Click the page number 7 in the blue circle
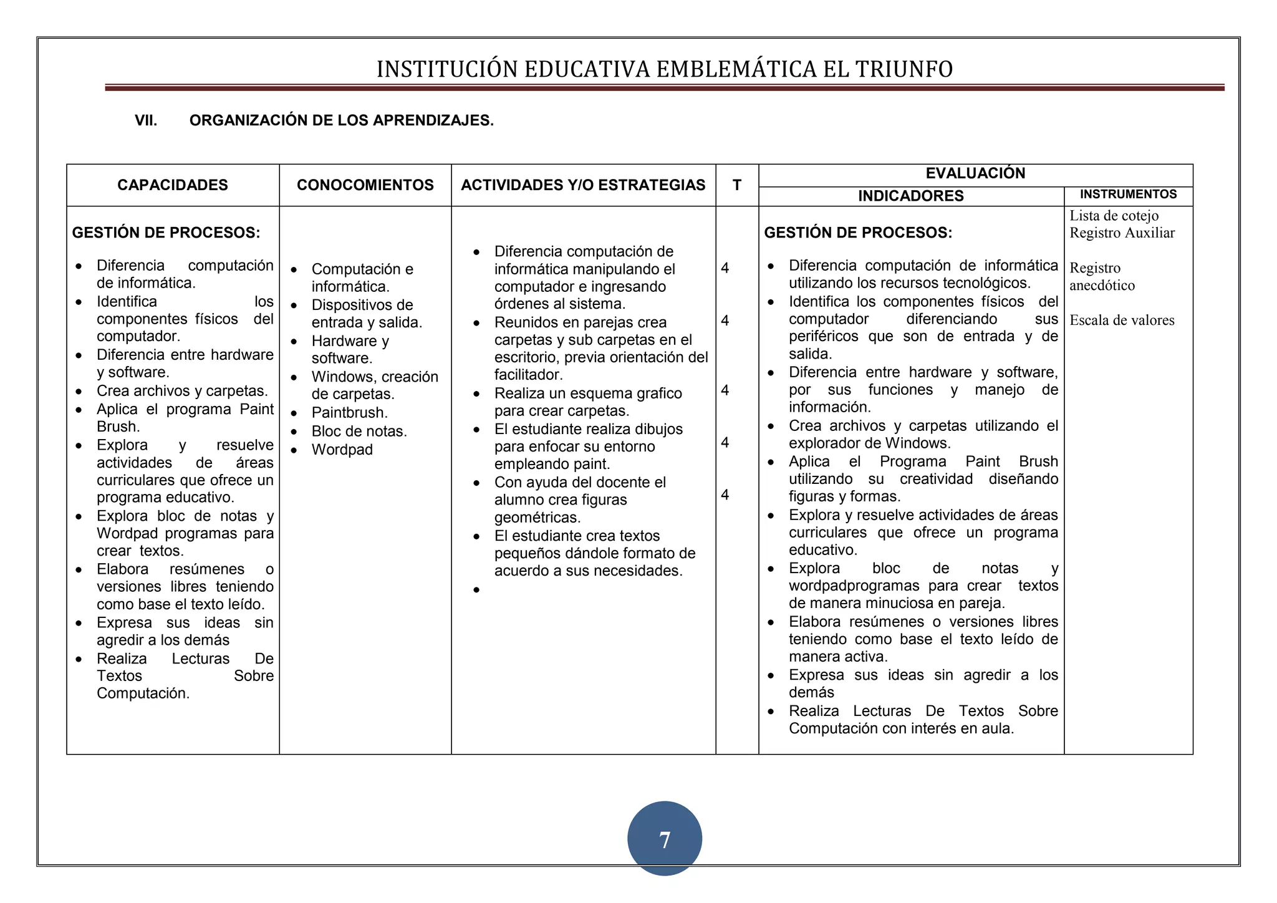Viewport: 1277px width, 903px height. point(665,839)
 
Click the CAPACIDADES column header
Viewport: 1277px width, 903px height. point(173,185)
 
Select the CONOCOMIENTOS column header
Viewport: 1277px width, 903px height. point(365,185)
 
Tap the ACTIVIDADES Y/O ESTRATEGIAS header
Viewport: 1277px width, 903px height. point(583,185)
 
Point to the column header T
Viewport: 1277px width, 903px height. point(737,185)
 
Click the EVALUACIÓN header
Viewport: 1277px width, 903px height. point(975,173)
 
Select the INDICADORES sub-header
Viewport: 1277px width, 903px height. point(910,196)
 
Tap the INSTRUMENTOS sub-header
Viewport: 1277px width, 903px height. point(1128,195)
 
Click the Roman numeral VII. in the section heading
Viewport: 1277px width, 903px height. point(146,121)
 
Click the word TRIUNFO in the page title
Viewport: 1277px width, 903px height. point(904,69)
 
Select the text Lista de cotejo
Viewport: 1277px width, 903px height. point(1114,216)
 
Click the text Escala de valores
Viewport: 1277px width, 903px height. point(1122,321)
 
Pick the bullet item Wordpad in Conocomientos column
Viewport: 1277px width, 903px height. point(342,450)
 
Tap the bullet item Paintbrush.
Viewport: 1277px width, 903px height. point(350,413)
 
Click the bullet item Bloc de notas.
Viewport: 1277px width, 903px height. point(359,432)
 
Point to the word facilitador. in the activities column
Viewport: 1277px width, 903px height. point(528,375)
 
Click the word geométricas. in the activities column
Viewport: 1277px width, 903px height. point(537,518)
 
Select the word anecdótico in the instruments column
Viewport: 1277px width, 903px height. point(1102,286)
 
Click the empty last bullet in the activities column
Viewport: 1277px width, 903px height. point(477,590)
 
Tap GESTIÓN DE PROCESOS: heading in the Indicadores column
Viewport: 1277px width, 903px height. point(858,233)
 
